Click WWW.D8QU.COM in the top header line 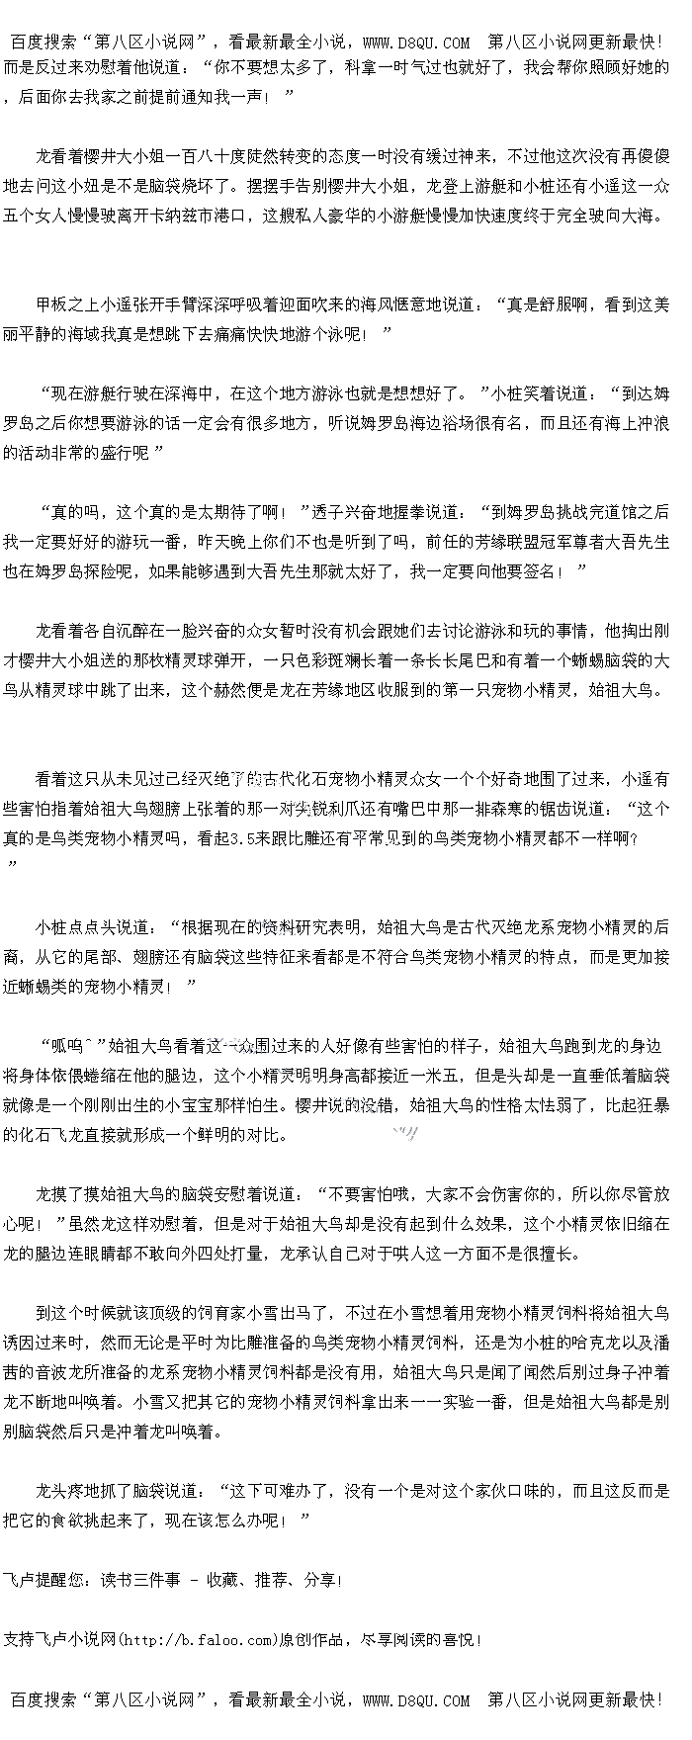click(416, 43)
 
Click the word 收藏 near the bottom click(222, 1581)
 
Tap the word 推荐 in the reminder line click(272, 1581)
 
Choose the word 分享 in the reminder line click(320, 1581)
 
